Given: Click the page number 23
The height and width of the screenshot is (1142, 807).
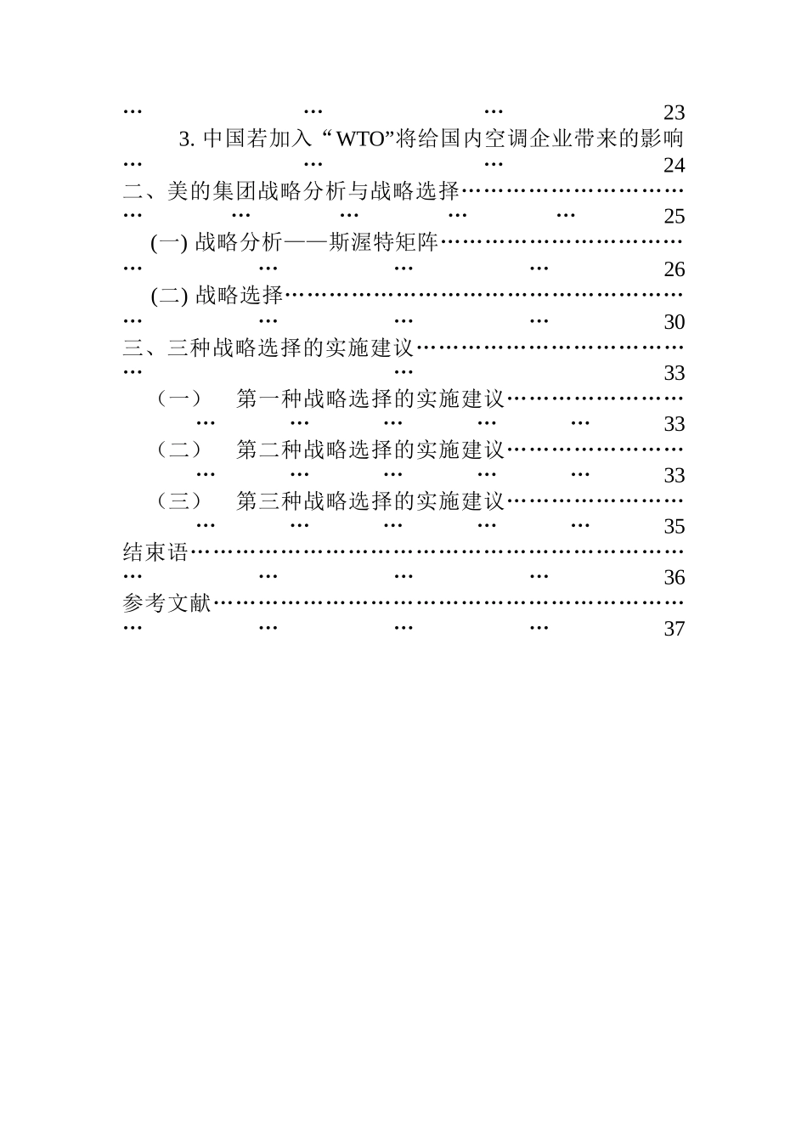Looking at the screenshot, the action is click(x=674, y=113).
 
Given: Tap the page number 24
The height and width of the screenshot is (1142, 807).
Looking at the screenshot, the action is click(x=674, y=165).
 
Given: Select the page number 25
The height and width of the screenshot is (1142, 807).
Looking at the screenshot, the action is click(x=674, y=217).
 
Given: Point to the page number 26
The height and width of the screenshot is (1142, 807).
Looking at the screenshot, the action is click(x=674, y=269).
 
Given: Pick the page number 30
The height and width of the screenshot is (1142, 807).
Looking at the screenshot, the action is click(x=674, y=322).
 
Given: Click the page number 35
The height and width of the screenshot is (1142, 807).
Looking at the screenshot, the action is click(x=674, y=526).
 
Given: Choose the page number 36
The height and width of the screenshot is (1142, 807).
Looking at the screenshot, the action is click(x=674, y=578).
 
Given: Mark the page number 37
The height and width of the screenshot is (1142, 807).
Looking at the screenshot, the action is click(x=674, y=629).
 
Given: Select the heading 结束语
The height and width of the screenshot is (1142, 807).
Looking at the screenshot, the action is click(x=155, y=552).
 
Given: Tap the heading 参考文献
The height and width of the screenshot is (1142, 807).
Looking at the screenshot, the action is click(x=166, y=604).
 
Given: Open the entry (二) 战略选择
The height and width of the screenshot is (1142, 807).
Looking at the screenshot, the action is click(x=217, y=296).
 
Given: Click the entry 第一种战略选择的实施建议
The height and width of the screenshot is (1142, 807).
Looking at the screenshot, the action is click(x=370, y=399).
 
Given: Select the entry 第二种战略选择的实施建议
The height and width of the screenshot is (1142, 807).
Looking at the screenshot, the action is click(x=370, y=449).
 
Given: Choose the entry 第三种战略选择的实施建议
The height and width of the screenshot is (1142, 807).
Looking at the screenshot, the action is click(x=370, y=501).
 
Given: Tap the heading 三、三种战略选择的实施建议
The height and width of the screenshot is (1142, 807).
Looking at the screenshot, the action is click(x=268, y=348).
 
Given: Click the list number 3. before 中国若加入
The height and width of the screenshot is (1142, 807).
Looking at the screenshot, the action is click(x=187, y=139).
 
